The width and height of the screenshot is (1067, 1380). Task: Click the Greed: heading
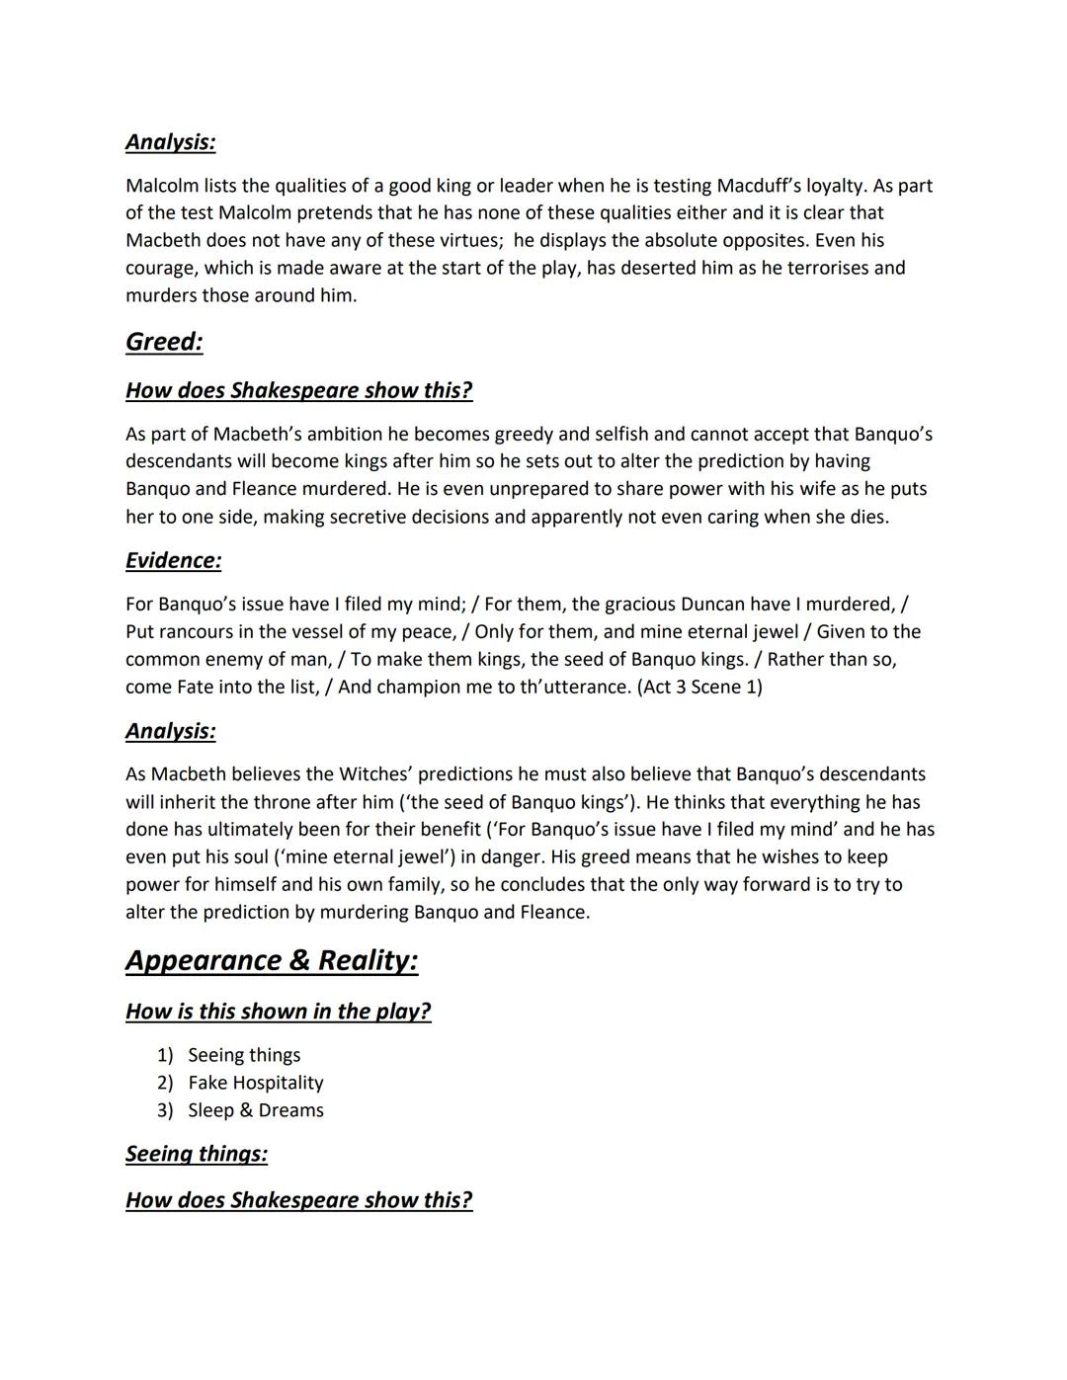pyautogui.click(x=164, y=342)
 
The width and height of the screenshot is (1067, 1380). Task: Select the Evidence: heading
pyautogui.click(x=173, y=560)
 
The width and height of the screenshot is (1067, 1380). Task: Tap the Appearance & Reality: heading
pyautogui.click(x=272, y=960)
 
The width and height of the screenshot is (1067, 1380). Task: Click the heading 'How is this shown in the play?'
pyautogui.click(x=278, y=1012)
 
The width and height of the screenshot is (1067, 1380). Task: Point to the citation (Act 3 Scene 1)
pyautogui.click(x=699, y=687)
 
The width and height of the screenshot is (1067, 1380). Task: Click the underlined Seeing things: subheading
pyautogui.click(x=196, y=1154)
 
